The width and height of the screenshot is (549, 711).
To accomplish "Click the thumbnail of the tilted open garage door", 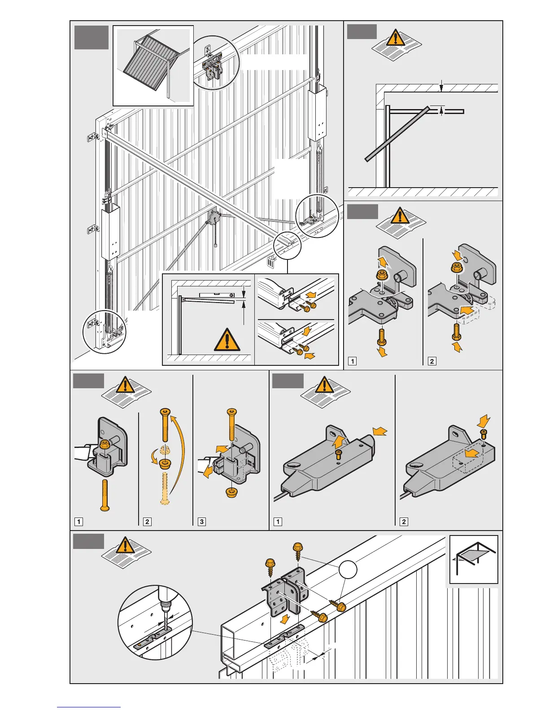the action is (x=153, y=65).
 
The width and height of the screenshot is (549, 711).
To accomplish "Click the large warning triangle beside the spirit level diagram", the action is (x=227, y=339).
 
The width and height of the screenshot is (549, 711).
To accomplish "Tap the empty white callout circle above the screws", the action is (x=348, y=570).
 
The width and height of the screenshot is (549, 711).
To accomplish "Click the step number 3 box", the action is (x=202, y=522).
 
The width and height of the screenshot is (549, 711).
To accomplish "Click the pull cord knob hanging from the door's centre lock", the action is (x=216, y=246).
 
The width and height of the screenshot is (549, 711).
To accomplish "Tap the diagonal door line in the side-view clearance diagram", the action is (x=395, y=134).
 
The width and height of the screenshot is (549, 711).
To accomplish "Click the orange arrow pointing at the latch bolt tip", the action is (x=379, y=432).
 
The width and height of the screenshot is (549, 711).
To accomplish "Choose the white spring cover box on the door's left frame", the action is (x=110, y=232).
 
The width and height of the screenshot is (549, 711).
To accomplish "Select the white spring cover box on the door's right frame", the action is (x=318, y=114).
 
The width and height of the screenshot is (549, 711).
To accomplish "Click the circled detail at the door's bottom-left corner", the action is (x=105, y=332).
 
